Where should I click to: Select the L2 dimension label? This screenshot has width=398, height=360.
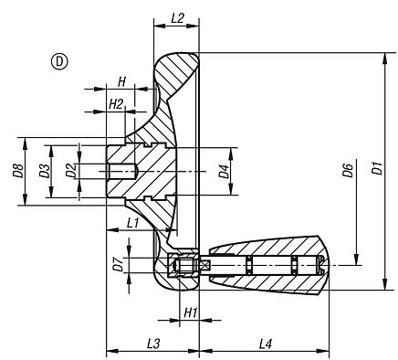pyautogui.click(x=178, y=18)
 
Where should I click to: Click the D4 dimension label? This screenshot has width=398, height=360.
pyautogui.click(x=224, y=169)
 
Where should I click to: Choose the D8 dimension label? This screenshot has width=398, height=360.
pyautogui.click(x=17, y=170)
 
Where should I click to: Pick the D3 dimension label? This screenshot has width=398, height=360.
pyautogui.click(x=43, y=170)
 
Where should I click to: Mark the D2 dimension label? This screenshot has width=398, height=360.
pyautogui.click(x=69, y=170)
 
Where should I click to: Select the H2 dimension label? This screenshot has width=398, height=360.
pyautogui.click(x=116, y=104)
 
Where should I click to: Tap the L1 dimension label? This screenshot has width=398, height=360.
pyautogui.click(x=133, y=221)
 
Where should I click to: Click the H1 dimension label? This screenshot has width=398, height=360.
pyautogui.click(x=190, y=312)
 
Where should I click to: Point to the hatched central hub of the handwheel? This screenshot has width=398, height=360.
pyautogui.click(x=160, y=170)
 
